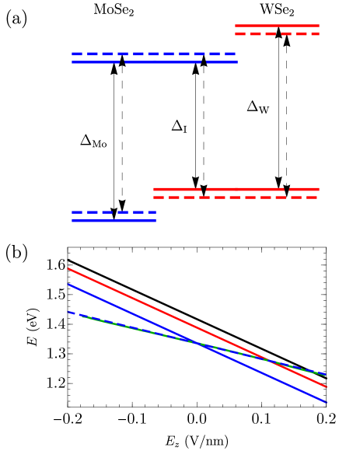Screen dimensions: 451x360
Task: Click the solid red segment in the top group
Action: tap(277, 26)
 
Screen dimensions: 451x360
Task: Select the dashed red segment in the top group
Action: tap(277, 34)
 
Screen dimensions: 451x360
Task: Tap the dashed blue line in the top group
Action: tap(153, 54)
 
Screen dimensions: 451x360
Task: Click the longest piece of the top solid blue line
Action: tap(163, 61)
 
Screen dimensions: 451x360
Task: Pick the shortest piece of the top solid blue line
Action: tap(222, 61)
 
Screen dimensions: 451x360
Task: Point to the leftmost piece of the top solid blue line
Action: tap(96, 61)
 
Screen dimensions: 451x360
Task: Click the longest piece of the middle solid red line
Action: tap(245, 189)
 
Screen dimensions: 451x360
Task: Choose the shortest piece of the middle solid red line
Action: tap(304, 189)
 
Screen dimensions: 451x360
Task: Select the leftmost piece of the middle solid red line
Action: tap(177, 189)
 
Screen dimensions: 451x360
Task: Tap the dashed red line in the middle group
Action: tap(236, 198)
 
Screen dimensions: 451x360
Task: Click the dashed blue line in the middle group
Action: tap(114, 212)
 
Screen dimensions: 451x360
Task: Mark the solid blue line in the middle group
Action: tap(114, 221)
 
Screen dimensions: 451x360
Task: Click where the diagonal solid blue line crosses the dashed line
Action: tap(201, 344)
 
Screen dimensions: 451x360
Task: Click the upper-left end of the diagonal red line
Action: tap(68, 268)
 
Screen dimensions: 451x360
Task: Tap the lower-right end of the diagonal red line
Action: tap(327, 386)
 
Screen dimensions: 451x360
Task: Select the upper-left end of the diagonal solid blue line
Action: tap(68, 284)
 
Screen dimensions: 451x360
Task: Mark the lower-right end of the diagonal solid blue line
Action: tap(327, 403)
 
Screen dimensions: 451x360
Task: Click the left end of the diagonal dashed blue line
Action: tap(68, 312)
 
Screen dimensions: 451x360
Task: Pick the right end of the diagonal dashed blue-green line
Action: tap(326, 375)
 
